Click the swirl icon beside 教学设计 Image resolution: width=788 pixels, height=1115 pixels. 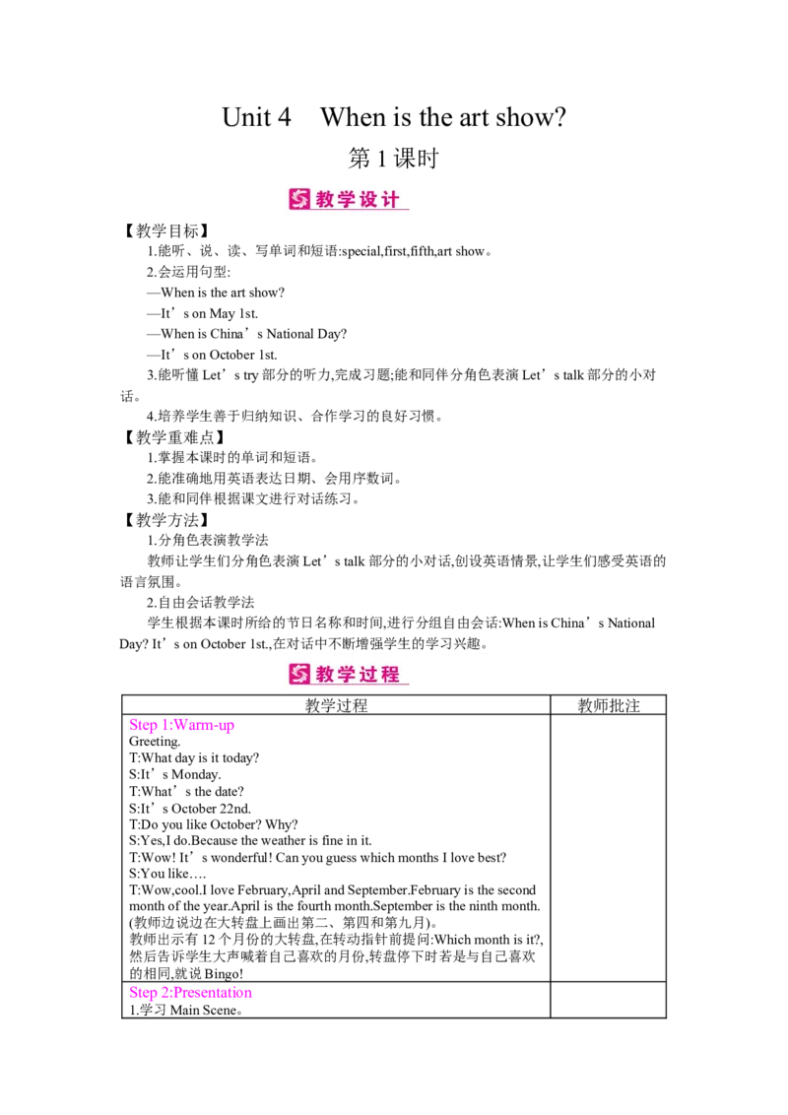(298, 199)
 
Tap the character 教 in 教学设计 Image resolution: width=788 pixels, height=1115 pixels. (326, 199)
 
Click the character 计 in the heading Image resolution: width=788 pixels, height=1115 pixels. (392, 199)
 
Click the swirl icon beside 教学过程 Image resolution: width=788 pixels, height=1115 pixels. (298, 674)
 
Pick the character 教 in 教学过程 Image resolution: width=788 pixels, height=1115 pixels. (326, 674)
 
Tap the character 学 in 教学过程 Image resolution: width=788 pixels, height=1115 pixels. (349, 674)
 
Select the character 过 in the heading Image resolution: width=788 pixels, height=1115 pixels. (370, 674)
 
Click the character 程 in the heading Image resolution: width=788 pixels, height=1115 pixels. (392, 674)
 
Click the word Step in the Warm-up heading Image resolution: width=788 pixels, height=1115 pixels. (141, 726)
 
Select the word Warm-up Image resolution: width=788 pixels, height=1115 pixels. (202, 726)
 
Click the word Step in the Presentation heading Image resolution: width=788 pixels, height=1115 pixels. (141, 993)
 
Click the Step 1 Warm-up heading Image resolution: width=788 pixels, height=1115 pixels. (181, 726)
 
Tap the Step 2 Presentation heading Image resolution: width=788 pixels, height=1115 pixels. (190, 993)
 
